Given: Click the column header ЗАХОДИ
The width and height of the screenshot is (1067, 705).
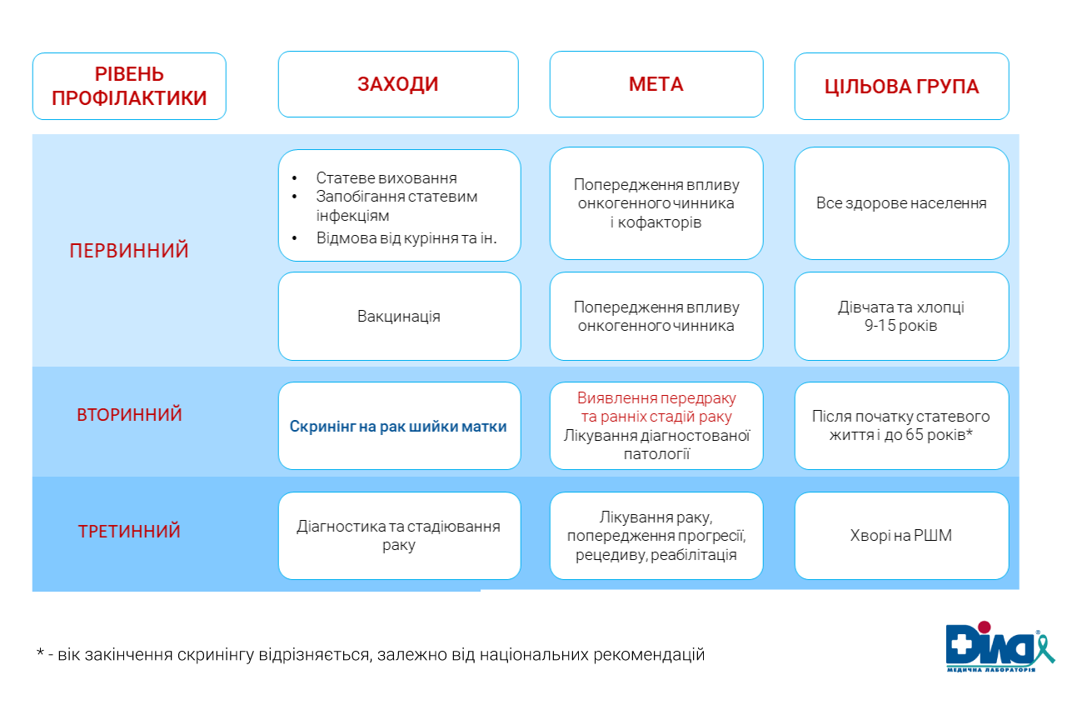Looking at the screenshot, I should [398, 84].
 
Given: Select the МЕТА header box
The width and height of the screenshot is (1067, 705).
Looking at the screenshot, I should [656, 84].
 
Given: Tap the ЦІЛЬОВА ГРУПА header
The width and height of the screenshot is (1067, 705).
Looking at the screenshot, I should [901, 87].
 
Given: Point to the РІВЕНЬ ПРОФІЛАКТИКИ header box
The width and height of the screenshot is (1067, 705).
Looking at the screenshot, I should [129, 87].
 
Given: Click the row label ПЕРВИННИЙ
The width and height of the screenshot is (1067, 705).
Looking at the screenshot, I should [129, 251].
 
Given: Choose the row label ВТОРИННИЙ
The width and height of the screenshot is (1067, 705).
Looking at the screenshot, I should [129, 415].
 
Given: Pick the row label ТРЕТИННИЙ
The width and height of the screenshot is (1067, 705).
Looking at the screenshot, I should [129, 532].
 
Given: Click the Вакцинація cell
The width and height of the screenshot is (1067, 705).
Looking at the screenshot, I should [399, 317].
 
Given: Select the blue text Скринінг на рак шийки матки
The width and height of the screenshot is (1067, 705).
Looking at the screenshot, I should [398, 427].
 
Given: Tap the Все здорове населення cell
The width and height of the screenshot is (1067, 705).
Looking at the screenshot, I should [901, 203].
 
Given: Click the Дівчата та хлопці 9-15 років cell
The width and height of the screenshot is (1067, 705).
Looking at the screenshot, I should [901, 317].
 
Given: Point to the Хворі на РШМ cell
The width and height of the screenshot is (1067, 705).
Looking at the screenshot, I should [901, 536].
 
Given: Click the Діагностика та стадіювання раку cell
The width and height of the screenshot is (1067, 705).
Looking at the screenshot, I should [399, 536].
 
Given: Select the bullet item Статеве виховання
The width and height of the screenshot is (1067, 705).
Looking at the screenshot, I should [386, 178].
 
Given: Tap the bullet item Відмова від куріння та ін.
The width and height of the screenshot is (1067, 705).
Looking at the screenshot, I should [406, 237].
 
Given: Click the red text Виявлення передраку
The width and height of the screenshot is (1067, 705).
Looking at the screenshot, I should [656, 397].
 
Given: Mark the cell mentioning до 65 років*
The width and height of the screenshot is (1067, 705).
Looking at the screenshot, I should [901, 425].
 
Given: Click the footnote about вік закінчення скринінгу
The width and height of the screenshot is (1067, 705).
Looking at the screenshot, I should [371, 655].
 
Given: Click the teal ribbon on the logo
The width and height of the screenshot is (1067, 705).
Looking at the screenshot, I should [1043, 647].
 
